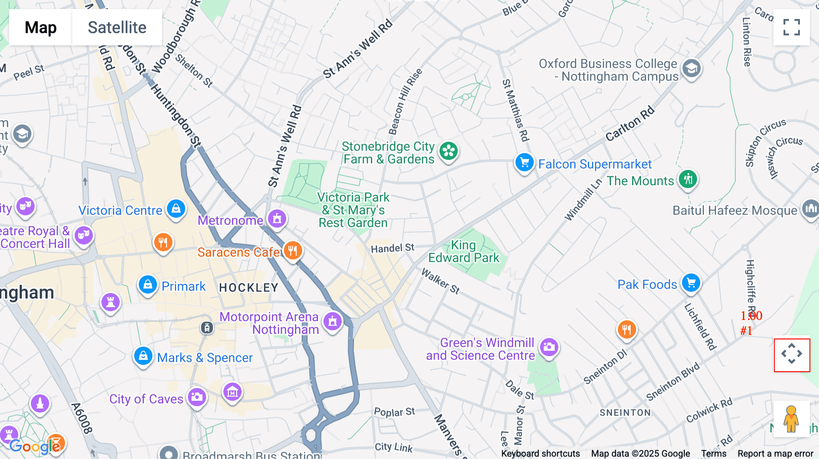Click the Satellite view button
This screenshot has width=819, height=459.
[x=117, y=27]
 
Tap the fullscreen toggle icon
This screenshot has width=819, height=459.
[x=791, y=27]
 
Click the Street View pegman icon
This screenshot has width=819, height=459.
[x=791, y=419]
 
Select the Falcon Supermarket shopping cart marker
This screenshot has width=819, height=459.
[x=524, y=162]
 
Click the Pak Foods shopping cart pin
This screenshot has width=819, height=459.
[x=691, y=283]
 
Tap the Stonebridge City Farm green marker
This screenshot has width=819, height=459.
[x=449, y=151]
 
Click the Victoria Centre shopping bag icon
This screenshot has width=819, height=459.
[x=176, y=209]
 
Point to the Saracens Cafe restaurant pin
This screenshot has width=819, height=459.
[x=293, y=250]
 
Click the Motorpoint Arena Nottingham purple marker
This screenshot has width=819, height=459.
[x=333, y=321]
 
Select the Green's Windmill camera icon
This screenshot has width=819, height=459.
[x=549, y=347]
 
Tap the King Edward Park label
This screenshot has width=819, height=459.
[x=464, y=251]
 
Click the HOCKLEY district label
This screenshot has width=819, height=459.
[x=248, y=288]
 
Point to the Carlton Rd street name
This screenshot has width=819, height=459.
[x=629, y=124]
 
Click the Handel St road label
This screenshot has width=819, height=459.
[x=392, y=248]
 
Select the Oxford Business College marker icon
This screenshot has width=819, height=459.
[x=691, y=69]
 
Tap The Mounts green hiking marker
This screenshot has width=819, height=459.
[x=688, y=179]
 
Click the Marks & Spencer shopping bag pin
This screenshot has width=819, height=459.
[x=143, y=356]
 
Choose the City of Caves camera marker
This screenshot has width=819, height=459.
[x=197, y=397]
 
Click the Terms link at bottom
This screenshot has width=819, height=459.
[x=713, y=453]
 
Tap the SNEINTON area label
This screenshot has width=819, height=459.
[x=625, y=413]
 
